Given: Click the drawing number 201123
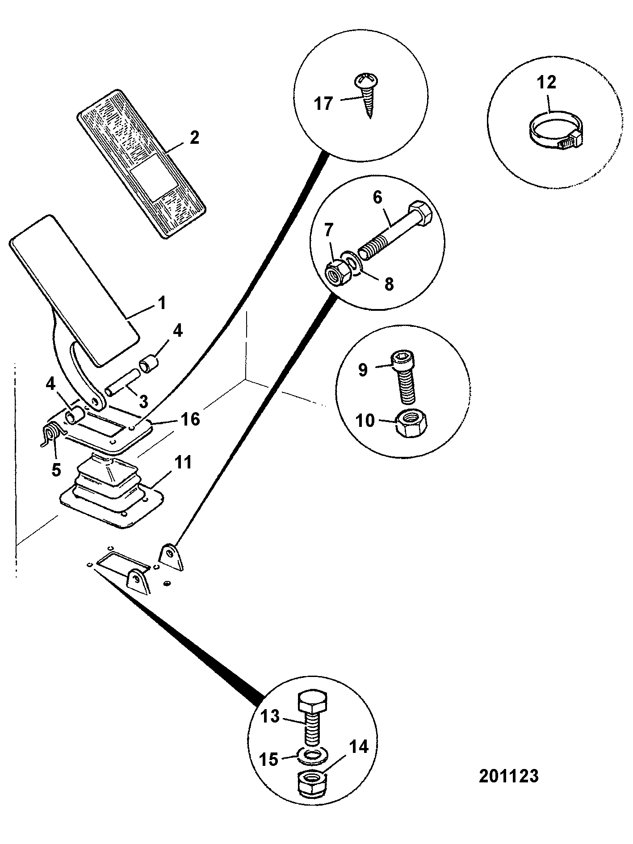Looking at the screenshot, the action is pos(508,776).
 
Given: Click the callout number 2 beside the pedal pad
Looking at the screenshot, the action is pos(194,138).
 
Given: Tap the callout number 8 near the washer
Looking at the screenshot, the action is pos(389,284).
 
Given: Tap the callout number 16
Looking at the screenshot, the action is pos(190,419).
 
